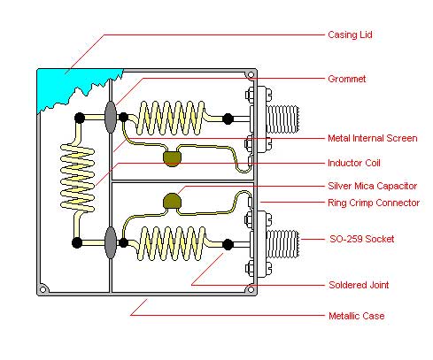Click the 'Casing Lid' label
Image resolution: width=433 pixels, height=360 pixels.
tap(350, 34)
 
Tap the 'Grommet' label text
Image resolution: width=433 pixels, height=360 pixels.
tap(347, 79)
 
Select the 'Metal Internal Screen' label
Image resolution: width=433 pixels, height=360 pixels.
tap(373, 138)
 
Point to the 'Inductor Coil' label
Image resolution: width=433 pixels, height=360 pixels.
tap(354, 163)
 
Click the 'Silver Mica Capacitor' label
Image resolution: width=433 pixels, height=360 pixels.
tap(372, 186)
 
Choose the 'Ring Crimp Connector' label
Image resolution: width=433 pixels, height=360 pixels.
tap(374, 203)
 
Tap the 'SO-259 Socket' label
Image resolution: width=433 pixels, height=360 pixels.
tap(362, 239)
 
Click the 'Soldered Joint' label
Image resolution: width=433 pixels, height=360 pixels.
tap(359, 285)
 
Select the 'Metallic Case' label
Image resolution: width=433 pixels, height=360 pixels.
tap(357, 316)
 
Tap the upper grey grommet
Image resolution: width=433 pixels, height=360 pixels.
tap(111, 118)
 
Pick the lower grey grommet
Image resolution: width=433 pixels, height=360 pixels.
tap(111, 242)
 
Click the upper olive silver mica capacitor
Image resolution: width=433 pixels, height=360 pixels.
tap(172, 158)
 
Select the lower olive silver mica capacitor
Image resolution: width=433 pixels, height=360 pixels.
tap(172, 201)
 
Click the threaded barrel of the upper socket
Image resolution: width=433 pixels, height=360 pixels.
tap(282, 119)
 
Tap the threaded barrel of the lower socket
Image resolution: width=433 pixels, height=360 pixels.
tap(282, 244)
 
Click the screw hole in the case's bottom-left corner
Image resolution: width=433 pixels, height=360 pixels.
tap(43, 290)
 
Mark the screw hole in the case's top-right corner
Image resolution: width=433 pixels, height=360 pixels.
tap(251, 75)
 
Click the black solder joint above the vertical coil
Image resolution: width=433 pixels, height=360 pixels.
tap(80, 118)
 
